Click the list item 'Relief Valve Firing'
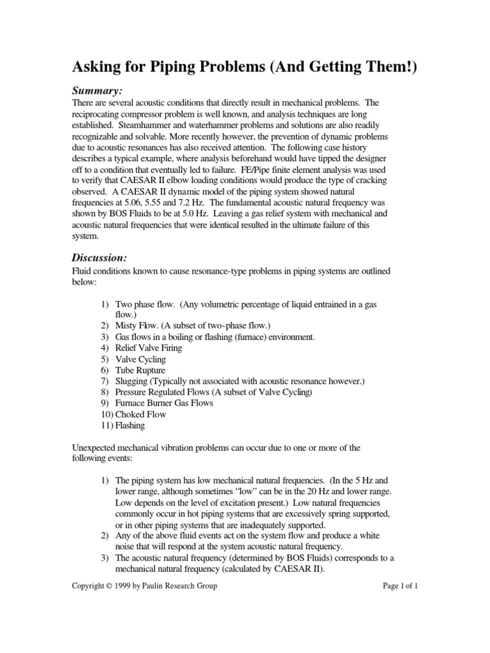[x=149, y=348]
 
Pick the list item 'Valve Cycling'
[x=140, y=360]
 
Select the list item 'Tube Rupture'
[x=140, y=371]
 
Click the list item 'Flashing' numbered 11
[x=130, y=425]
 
